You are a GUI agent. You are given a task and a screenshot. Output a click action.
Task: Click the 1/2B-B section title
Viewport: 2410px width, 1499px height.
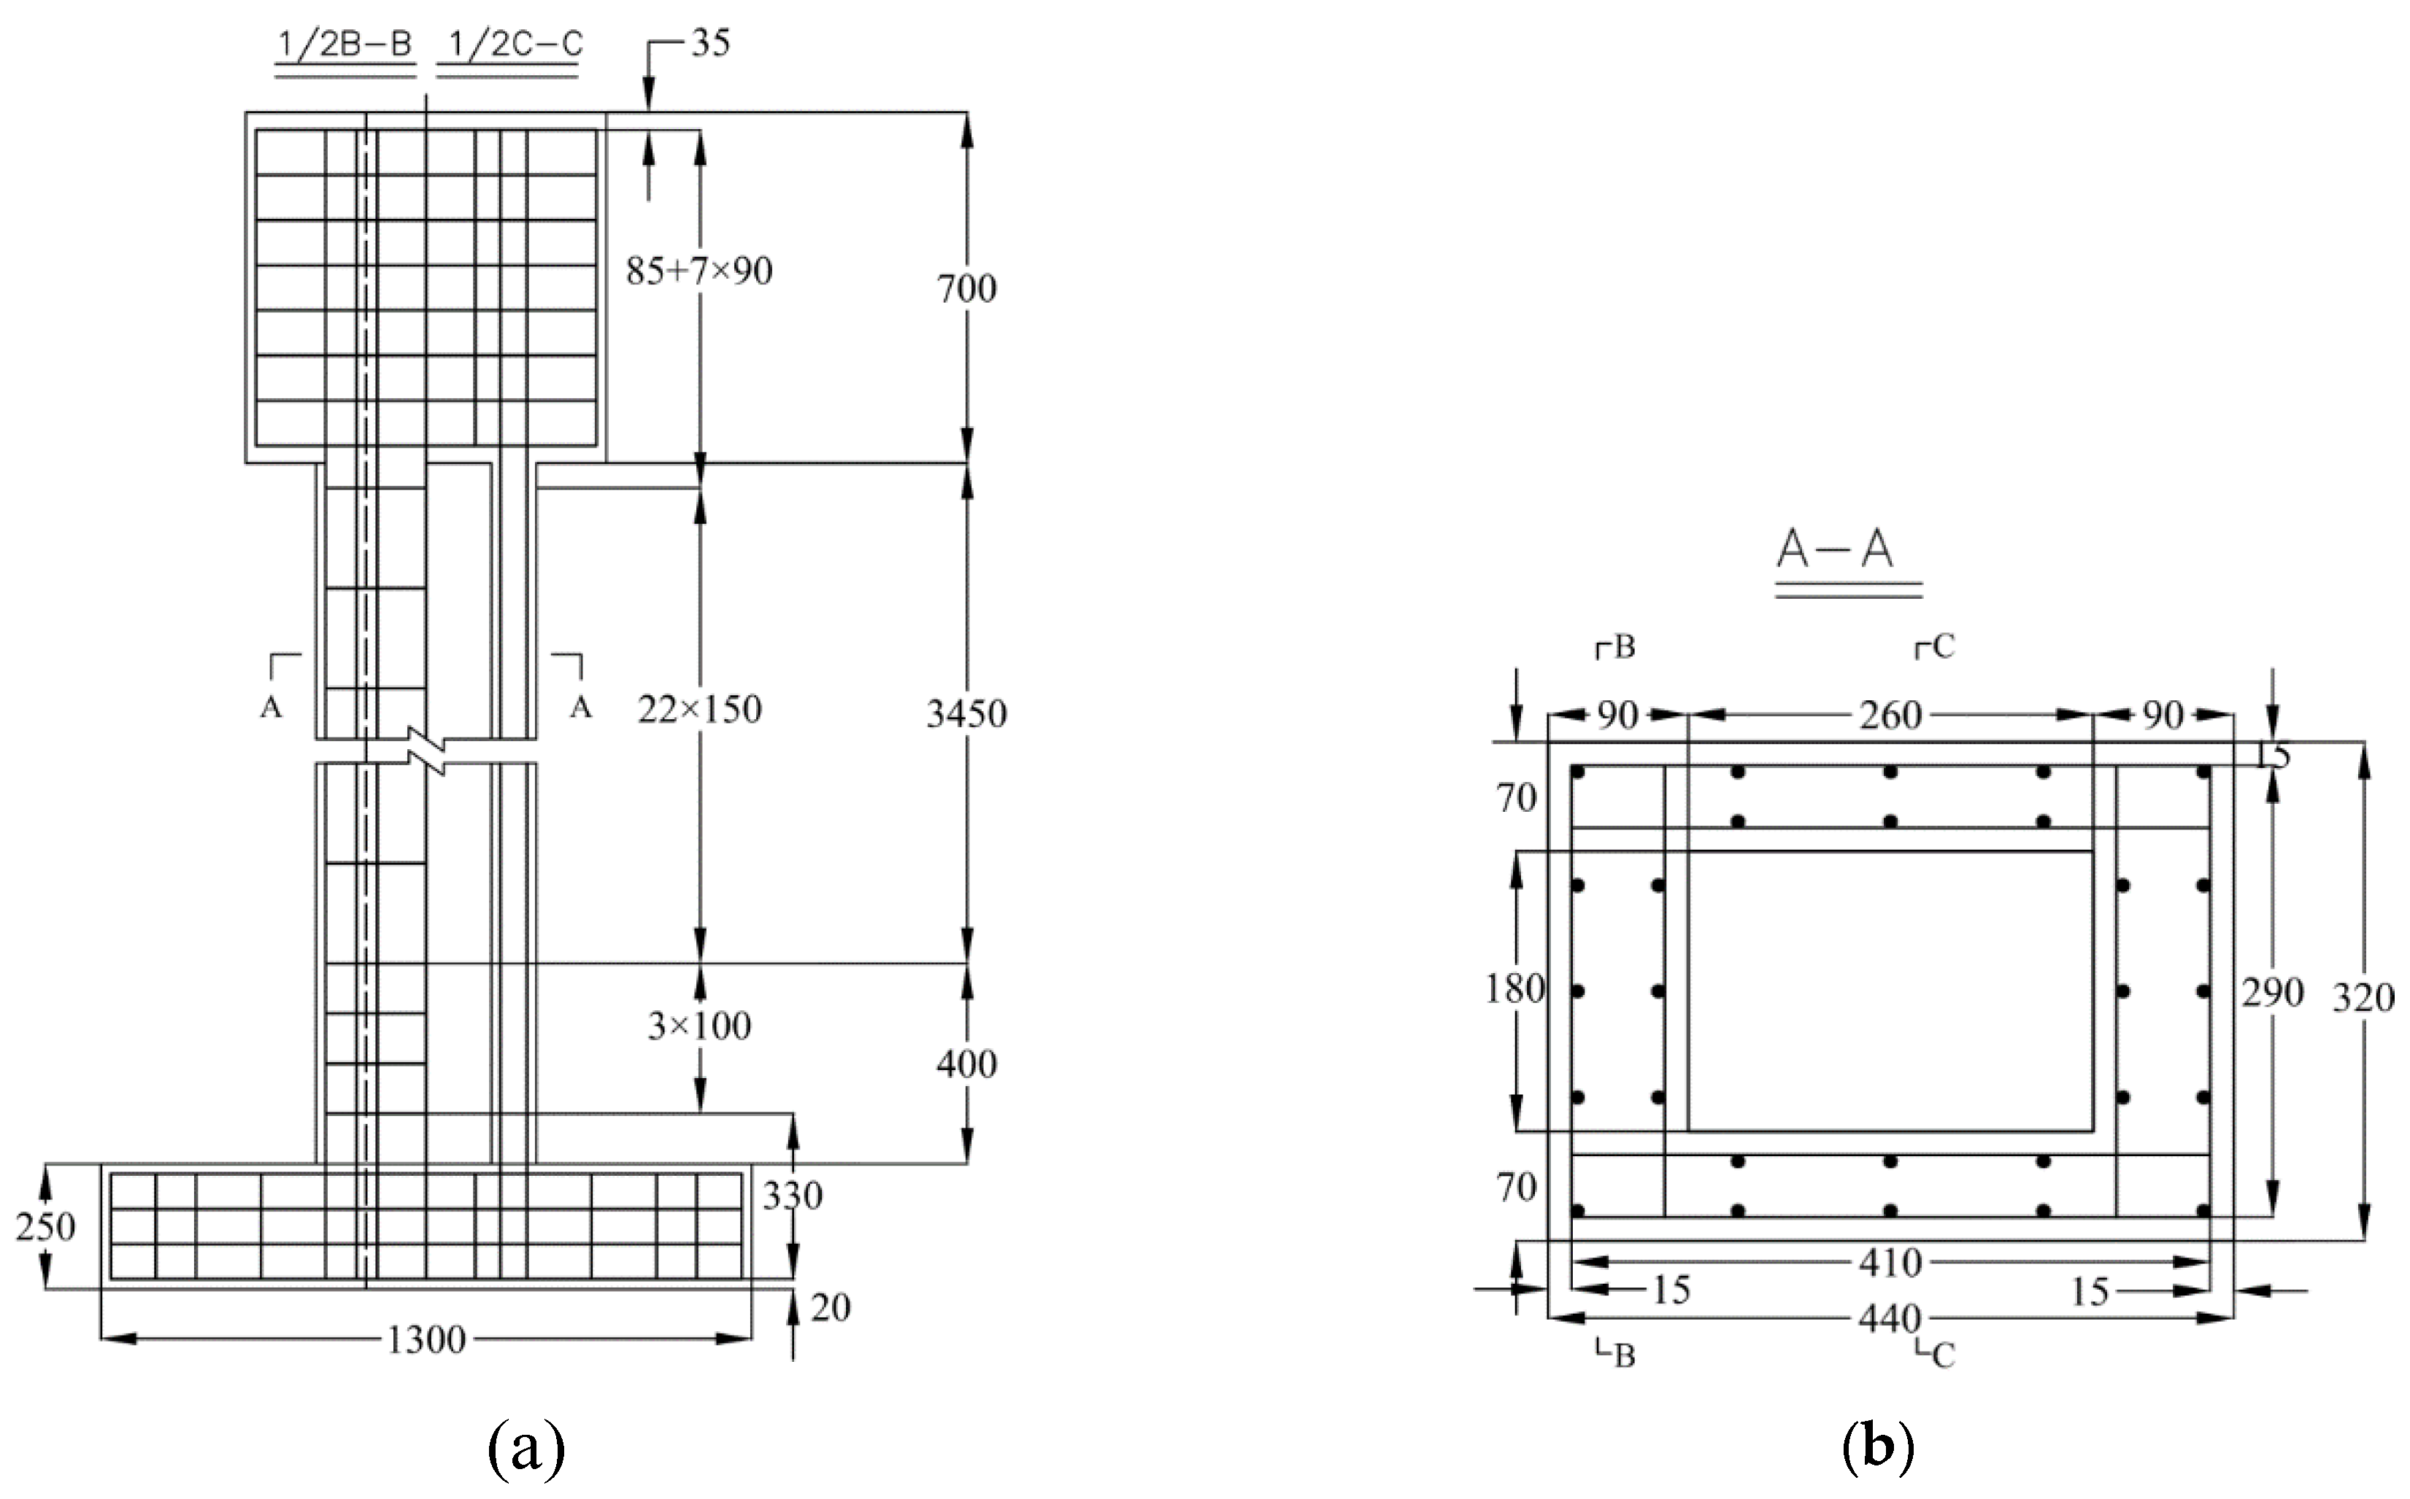[x=344, y=46]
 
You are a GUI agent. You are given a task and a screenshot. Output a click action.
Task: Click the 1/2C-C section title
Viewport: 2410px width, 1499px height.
[x=509, y=46]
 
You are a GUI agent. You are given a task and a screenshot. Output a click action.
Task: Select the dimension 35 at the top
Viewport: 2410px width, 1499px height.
[x=710, y=44]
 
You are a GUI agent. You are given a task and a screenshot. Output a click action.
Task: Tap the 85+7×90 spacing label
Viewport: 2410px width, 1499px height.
[x=699, y=271]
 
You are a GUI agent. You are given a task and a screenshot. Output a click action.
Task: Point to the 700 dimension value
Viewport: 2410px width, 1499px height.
[x=967, y=290]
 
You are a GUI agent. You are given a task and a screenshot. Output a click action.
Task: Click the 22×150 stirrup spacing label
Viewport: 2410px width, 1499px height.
[x=699, y=710]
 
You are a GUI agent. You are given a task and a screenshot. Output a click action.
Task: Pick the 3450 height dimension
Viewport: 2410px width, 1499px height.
[x=967, y=714]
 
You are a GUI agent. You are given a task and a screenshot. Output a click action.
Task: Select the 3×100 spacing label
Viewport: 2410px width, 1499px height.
[x=699, y=1027]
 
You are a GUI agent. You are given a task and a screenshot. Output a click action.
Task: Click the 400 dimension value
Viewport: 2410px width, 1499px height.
[x=967, y=1065]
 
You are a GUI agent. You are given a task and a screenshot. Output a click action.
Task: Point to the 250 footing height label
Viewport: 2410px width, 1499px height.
[x=46, y=1228]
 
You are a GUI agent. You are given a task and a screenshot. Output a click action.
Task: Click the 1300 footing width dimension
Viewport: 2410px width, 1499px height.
[x=426, y=1341]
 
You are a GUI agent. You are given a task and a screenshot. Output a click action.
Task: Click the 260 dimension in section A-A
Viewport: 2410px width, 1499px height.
[x=1890, y=715]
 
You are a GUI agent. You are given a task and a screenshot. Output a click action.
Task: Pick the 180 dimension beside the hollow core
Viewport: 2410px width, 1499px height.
[x=1514, y=988]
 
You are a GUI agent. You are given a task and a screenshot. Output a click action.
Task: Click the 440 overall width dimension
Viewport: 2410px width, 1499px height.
[x=1890, y=1320]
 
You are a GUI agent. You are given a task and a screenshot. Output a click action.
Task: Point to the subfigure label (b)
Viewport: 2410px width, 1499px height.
[x=1877, y=1449]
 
